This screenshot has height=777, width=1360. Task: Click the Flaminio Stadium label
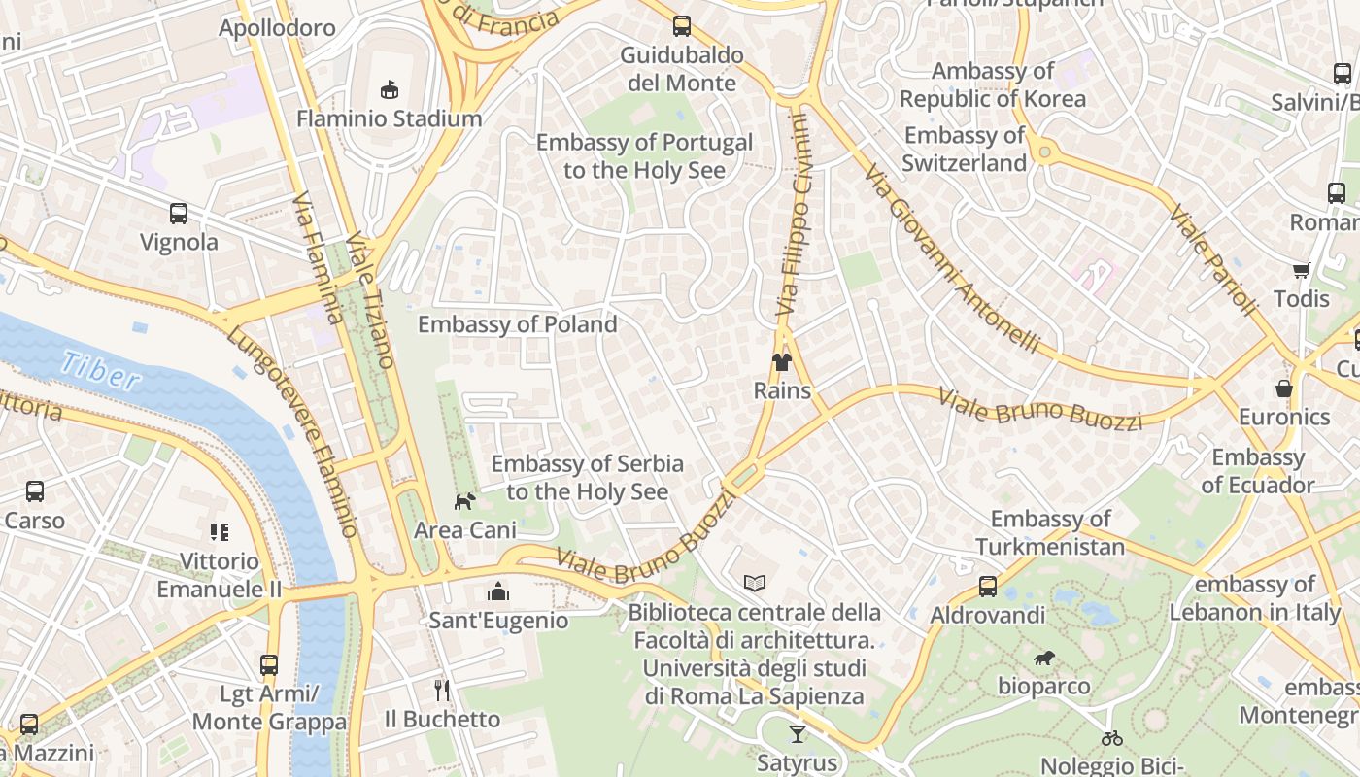click(389, 118)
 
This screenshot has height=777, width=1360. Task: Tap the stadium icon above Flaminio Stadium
click(390, 89)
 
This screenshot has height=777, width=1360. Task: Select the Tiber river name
click(99, 371)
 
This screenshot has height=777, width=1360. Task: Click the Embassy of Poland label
click(517, 324)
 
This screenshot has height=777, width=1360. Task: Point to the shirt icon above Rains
click(782, 362)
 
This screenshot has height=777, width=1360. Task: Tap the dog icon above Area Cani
click(465, 501)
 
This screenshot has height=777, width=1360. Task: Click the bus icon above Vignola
click(179, 214)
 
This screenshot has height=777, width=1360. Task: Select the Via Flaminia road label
click(318, 257)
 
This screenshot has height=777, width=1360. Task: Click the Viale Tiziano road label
click(369, 301)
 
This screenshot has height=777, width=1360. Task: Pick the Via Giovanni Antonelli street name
click(952, 259)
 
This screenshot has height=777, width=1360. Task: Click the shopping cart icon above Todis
click(1301, 270)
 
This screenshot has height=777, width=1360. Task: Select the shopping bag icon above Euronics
click(1284, 388)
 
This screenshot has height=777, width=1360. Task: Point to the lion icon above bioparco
click(1044, 659)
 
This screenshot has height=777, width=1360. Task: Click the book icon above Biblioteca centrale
click(755, 583)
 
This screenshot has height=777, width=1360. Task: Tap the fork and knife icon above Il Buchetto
click(442, 691)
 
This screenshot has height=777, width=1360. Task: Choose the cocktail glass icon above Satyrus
click(798, 734)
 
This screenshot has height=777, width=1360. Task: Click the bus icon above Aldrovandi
click(988, 587)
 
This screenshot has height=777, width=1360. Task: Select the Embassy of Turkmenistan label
click(1050, 533)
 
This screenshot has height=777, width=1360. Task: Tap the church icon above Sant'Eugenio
click(498, 591)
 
